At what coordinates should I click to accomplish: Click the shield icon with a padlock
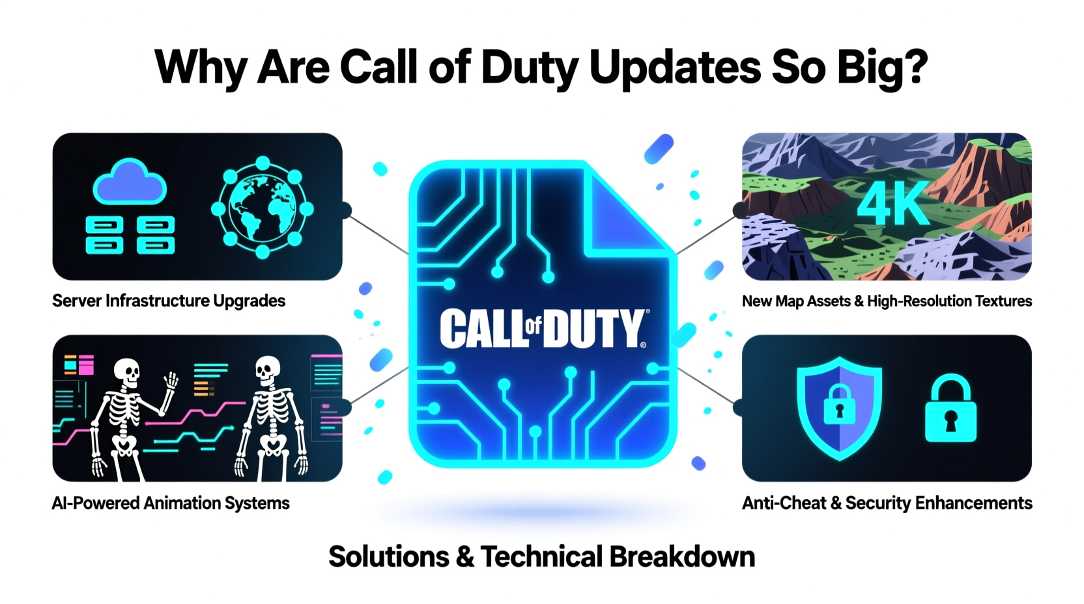839,407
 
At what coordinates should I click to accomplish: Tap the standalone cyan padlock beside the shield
950,409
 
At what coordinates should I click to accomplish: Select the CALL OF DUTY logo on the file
543,328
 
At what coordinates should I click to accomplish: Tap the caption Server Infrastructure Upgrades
169,301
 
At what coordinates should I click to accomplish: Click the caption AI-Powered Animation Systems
171,503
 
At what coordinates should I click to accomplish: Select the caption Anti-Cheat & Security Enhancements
887,503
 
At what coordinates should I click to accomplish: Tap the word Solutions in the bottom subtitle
389,557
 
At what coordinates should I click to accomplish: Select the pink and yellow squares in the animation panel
79,364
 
